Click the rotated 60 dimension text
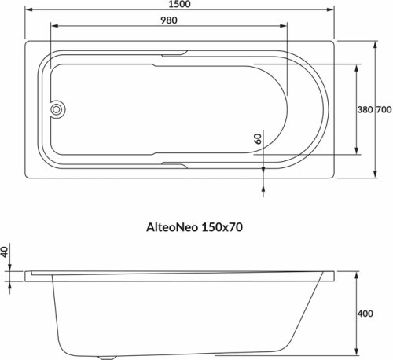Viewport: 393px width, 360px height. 256,138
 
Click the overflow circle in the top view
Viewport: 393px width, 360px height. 57,110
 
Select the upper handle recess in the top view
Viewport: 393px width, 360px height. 174,55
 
